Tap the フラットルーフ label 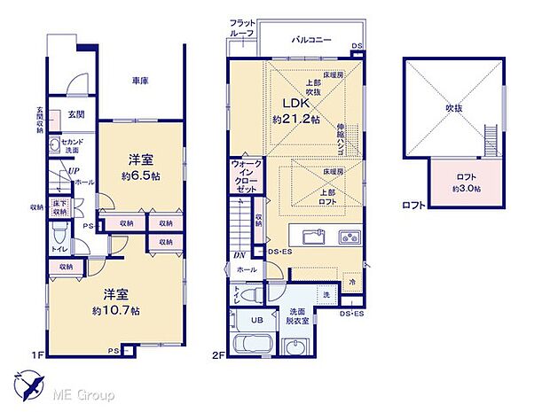coord(242,27)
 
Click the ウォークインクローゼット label coord(245,178)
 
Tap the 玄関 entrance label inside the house coord(76,114)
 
